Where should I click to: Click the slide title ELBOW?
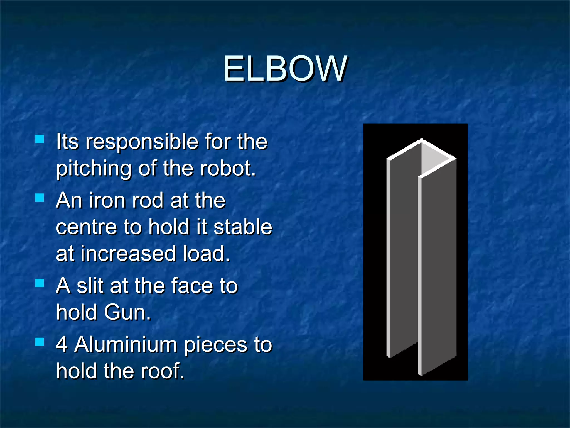point(285,69)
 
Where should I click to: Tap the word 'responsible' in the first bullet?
point(142,142)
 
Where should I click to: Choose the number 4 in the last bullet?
point(62,344)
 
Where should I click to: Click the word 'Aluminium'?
point(126,344)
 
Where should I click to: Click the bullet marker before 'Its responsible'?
point(40,139)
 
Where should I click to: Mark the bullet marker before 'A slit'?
point(40,283)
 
